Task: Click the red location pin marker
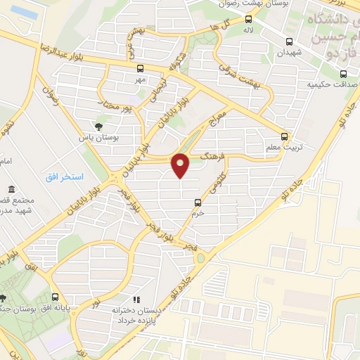[181, 165]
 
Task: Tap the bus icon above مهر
[139, 69]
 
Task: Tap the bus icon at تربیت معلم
[285, 136]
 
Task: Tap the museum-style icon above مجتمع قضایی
[13, 190]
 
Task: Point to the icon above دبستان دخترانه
[136, 299]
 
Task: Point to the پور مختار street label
[115, 108]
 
